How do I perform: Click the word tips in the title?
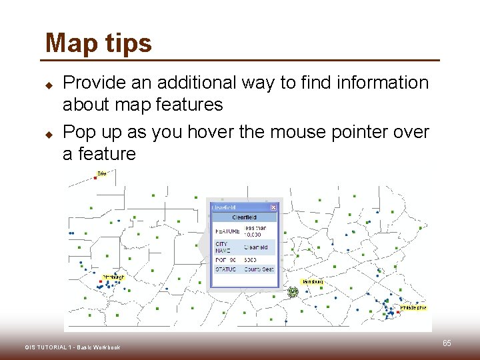[x=127, y=45]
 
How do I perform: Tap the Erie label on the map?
[x=101, y=173]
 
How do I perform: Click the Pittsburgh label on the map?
[x=113, y=277]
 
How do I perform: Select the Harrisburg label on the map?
[x=312, y=282]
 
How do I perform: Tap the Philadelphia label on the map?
[x=413, y=307]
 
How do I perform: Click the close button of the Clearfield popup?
[x=273, y=207]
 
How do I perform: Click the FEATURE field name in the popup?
[x=227, y=231]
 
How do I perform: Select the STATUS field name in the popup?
[x=225, y=269]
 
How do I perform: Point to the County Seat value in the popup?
[x=259, y=269]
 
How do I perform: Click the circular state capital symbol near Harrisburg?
[x=292, y=292]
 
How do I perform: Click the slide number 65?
[x=447, y=343]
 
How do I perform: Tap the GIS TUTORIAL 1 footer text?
[x=72, y=347]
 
